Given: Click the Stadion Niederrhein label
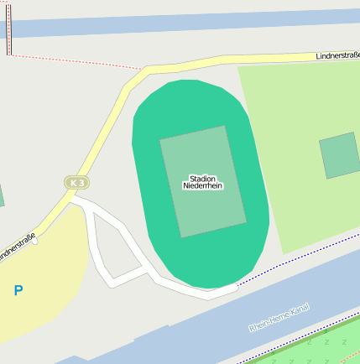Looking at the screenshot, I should pyautogui.click(x=203, y=182).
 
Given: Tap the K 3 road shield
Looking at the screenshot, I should pyautogui.click(x=77, y=182).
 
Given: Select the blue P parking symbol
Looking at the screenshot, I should pyautogui.click(x=18, y=291).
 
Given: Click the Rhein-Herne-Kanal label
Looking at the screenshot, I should pyautogui.click(x=279, y=318).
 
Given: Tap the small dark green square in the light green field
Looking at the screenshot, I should pyautogui.click(x=340, y=156).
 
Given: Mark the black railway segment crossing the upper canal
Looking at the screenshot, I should pyautogui.click(x=9, y=28).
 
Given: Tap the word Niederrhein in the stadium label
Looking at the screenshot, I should pyautogui.click(x=203, y=186).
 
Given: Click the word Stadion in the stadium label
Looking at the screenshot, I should pyautogui.click(x=203, y=178).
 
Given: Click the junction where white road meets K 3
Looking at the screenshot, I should pyautogui.click(x=70, y=199).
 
